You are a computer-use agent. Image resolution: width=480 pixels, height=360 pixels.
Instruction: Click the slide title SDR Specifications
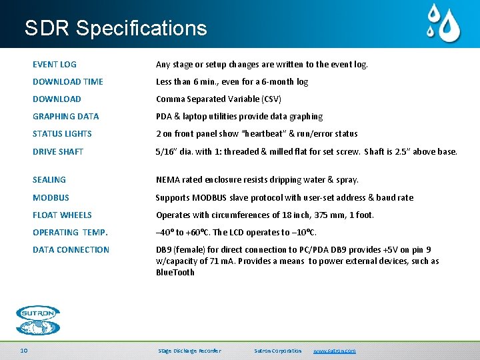[115, 28]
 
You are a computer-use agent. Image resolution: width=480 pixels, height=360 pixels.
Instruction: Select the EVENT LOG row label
[55, 65]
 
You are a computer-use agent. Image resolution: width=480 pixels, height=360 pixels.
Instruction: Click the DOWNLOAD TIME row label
[68, 82]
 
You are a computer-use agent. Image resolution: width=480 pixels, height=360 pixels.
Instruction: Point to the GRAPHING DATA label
[65, 117]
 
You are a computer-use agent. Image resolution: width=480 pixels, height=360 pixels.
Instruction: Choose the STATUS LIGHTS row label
[62, 134]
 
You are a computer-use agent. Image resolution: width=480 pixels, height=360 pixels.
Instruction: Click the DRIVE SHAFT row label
[58, 152]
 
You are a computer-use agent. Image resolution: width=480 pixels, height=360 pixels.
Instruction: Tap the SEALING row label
[49, 180]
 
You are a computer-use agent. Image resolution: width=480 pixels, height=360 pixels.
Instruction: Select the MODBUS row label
[51, 198]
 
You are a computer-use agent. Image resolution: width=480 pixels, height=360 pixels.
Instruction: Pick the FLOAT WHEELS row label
[62, 215]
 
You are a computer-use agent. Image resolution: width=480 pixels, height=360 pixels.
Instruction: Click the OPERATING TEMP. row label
[70, 233]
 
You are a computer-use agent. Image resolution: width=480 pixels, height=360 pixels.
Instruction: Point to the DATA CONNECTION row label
[71, 250]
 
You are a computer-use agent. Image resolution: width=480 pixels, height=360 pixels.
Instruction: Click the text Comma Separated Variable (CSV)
[219, 99]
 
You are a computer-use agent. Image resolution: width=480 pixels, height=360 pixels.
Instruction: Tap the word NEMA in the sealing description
[167, 180]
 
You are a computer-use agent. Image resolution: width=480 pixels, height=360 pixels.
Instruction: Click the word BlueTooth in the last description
[175, 272]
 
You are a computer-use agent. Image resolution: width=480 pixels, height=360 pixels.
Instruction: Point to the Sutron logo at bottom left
[38, 320]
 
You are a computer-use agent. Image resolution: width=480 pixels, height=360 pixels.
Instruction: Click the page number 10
[24, 351]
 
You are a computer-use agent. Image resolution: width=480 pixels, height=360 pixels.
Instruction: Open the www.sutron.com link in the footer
[334, 351]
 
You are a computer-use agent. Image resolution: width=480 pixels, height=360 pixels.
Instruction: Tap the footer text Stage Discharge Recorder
[189, 351]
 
